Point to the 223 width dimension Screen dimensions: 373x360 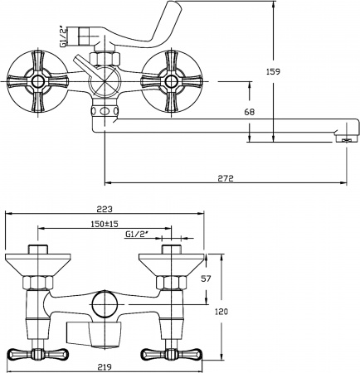(104, 209)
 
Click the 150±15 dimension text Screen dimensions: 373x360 (105, 224)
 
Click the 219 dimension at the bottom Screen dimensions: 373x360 (103, 365)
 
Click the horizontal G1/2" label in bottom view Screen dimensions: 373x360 (138, 235)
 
